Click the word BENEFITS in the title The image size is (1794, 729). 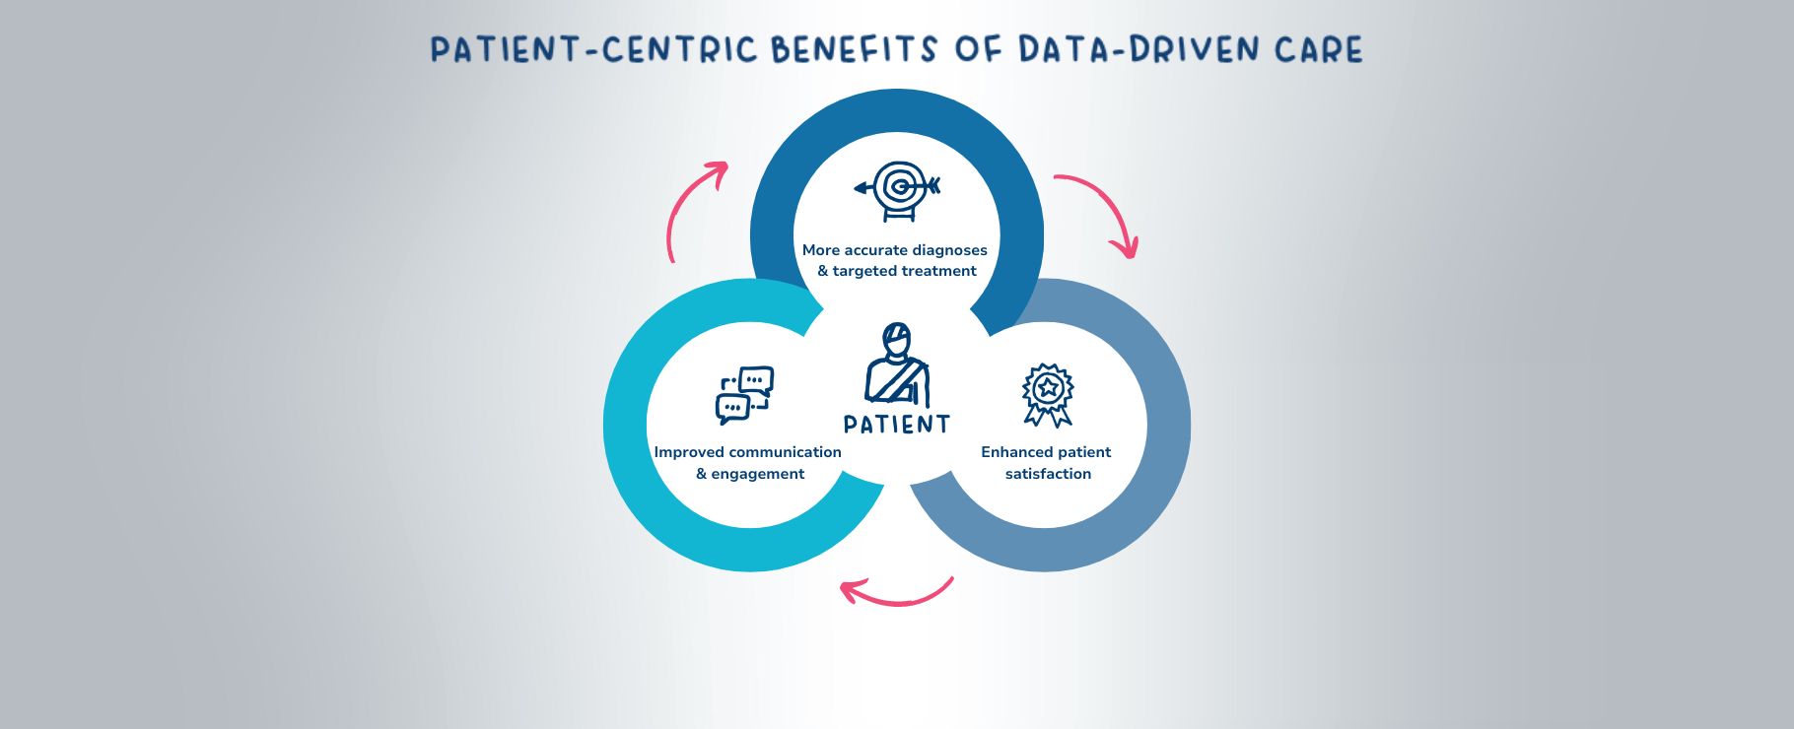(854, 49)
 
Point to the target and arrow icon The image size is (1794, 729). (898, 189)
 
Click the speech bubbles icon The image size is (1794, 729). (744, 395)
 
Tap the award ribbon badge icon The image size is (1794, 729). (1048, 395)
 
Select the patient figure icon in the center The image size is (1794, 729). (897, 364)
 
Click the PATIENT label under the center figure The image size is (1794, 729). (897, 425)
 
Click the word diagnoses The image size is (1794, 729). (949, 250)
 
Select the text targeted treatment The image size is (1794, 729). (904, 271)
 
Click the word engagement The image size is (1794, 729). (757, 474)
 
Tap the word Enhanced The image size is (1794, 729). (1017, 452)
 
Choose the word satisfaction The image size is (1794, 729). (1048, 474)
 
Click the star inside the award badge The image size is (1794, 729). (1048, 387)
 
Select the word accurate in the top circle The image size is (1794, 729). (876, 250)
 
